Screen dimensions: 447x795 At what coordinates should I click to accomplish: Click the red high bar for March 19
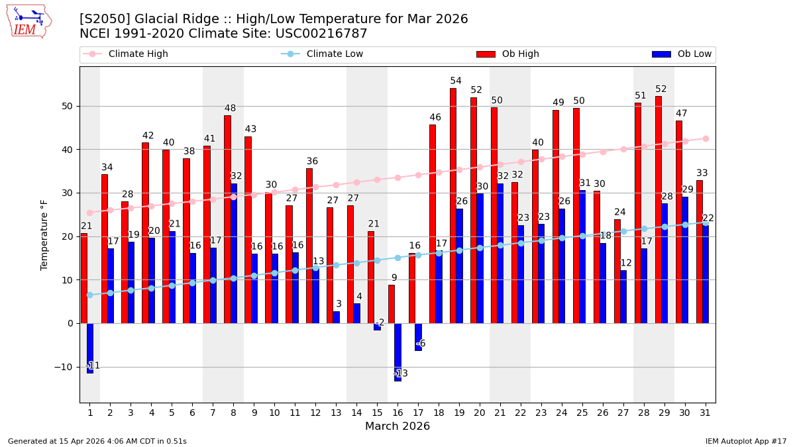453,205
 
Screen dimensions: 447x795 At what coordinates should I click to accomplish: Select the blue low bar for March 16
397,352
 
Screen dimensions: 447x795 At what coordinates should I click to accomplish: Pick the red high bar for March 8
227,219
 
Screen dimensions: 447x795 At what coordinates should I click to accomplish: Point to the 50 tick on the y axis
68,106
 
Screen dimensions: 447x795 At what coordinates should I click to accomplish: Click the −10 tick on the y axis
65,367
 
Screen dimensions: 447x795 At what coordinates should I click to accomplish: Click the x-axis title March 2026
397,426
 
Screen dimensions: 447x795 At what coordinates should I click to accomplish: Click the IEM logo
28,21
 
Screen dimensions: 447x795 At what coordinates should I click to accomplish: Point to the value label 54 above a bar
456,81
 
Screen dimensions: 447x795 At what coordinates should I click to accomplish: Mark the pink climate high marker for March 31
706,138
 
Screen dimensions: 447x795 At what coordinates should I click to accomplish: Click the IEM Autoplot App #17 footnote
745,441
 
